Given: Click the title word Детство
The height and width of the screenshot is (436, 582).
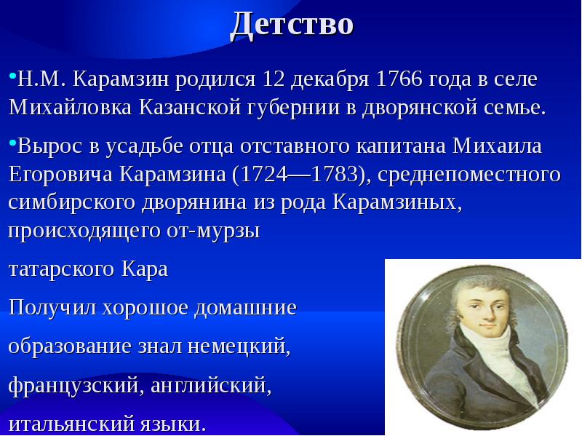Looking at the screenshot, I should pyautogui.click(x=292, y=24).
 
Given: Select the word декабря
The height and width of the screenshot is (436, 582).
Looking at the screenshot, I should pyautogui.click(x=333, y=78).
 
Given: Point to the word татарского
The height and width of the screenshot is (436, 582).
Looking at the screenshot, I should pyautogui.click(x=59, y=269).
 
